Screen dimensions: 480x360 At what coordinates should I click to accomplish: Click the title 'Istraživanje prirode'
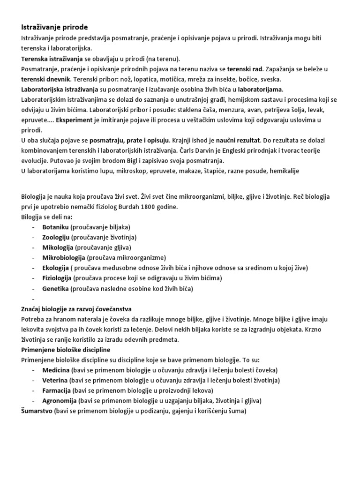[x=54, y=27]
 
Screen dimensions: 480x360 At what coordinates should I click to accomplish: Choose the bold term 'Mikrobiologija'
[x=63, y=257]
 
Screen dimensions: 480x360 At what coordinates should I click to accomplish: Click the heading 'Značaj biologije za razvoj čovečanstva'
[x=76, y=309]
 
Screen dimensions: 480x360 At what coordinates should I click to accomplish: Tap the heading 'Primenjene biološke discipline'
[x=65, y=350]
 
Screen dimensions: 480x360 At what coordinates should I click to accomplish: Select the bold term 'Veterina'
[x=55, y=380]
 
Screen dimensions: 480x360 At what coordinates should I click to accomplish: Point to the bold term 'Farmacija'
[x=56, y=390]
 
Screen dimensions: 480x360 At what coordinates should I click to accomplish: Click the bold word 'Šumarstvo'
[x=37, y=411]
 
